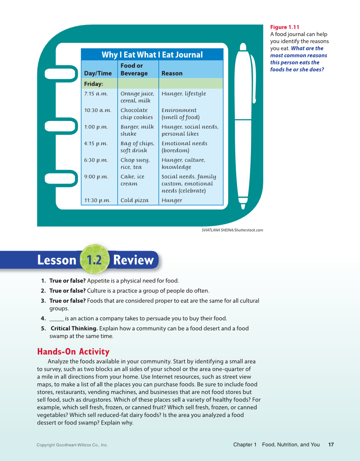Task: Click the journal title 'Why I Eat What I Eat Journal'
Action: [152, 55]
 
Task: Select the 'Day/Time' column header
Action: [98, 73]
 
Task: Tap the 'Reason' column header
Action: [172, 73]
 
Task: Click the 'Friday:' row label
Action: [94, 84]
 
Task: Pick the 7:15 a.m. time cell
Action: [96, 94]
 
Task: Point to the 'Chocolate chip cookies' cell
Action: [137, 114]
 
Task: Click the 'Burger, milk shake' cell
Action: [137, 130]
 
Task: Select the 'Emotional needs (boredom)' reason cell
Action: [184, 147]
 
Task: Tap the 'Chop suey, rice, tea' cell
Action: [135, 163]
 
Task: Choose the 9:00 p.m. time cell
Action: [96, 177]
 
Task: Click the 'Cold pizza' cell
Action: [134, 201]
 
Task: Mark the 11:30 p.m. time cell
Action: [97, 201]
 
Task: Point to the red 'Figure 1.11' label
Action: [285, 27]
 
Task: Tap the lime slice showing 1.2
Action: [94, 260]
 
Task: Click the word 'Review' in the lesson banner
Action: [133, 260]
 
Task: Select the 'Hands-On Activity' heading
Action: [73, 352]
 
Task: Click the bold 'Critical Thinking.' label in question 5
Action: [74, 328]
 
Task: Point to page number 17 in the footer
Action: [331, 444]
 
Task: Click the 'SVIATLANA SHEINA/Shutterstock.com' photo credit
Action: [232, 230]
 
